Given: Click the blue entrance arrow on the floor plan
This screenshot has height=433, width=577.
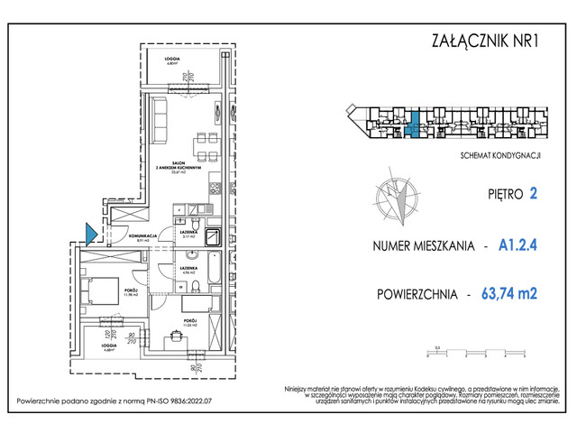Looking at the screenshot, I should point(90,234).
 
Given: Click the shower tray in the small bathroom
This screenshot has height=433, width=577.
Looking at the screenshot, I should point(214,238).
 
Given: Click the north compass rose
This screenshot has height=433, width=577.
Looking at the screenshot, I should point(397,198).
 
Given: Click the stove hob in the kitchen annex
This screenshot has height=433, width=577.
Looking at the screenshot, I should point(215,189).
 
